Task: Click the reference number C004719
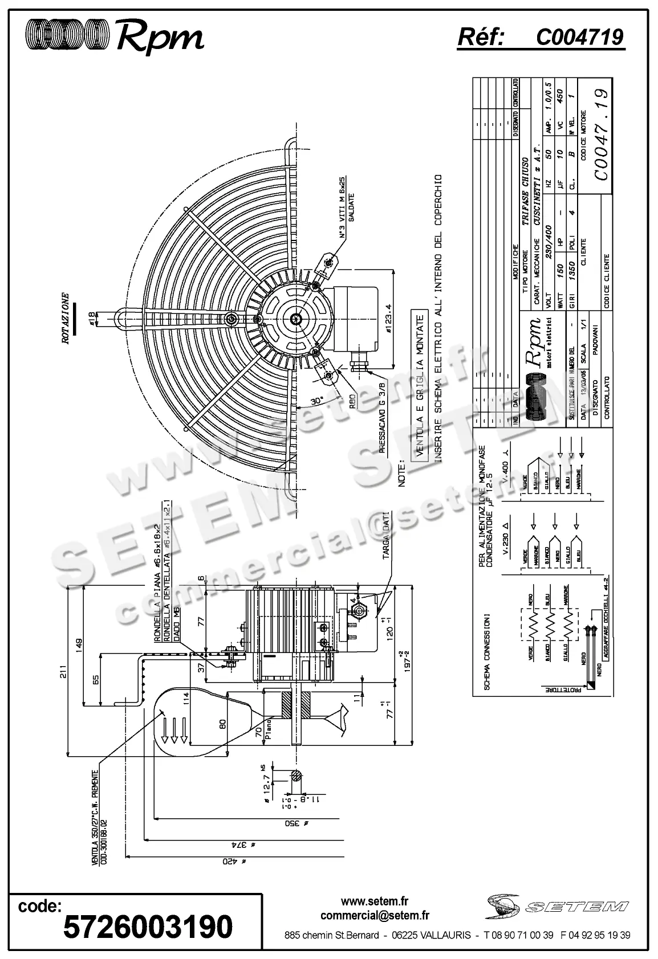579,37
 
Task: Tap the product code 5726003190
148,926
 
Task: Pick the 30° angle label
317,401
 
